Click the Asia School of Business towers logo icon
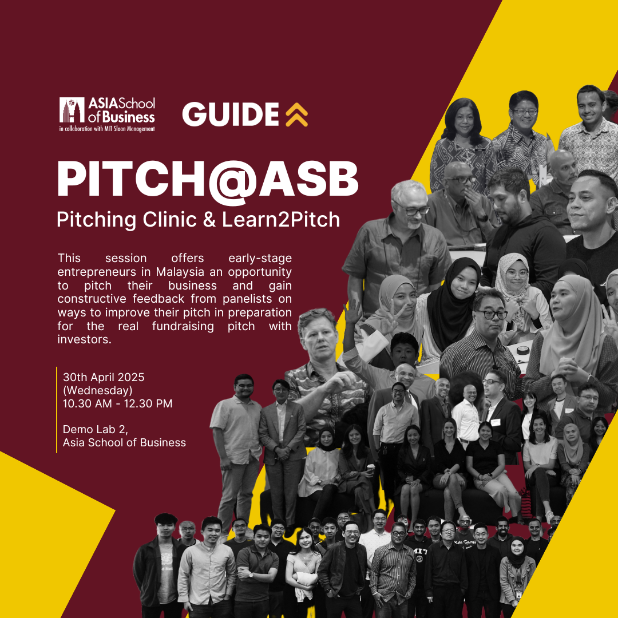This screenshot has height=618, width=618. (x=72, y=110)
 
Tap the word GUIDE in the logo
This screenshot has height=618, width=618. (x=231, y=114)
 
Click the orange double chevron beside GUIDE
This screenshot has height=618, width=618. (x=296, y=114)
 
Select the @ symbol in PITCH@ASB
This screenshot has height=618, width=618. (x=232, y=181)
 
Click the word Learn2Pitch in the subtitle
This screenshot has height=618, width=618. (x=280, y=220)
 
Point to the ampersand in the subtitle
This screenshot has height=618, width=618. (x=209, y=220)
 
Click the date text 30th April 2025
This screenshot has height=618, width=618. (x=104, y=377)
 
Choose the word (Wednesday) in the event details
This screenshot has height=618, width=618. (x=98, y=391)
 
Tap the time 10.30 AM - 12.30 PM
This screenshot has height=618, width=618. (x=117, y=403)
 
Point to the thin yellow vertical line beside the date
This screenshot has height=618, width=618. (x=57, y=410)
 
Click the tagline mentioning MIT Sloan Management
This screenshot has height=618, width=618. (x=107, y=129)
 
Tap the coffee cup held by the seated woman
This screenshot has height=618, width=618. (x=370, y=468)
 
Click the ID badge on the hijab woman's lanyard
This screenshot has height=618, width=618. (x=519, y=595)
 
